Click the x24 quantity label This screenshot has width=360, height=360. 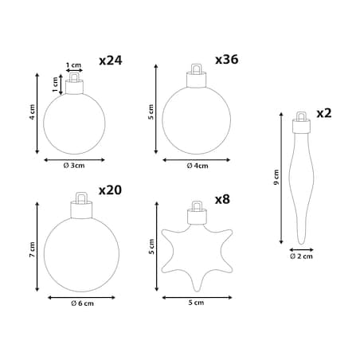click(x=111, y=61)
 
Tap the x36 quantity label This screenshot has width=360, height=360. click(x=226, y=60)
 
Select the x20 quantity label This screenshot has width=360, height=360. click(x=110, y=190)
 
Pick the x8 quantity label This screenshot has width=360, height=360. click(x=222, y=199)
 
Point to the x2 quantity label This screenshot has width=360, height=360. click(x=324, y=113)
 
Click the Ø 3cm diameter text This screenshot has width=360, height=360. click(x=74, y=166)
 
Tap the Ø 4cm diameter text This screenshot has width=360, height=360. click(x=198, y=166)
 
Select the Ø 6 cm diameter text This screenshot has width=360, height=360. click(x=82, y=303)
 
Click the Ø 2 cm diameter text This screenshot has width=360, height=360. click(x=301, y=256)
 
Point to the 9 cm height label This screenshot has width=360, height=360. click(x=276, y=177)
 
